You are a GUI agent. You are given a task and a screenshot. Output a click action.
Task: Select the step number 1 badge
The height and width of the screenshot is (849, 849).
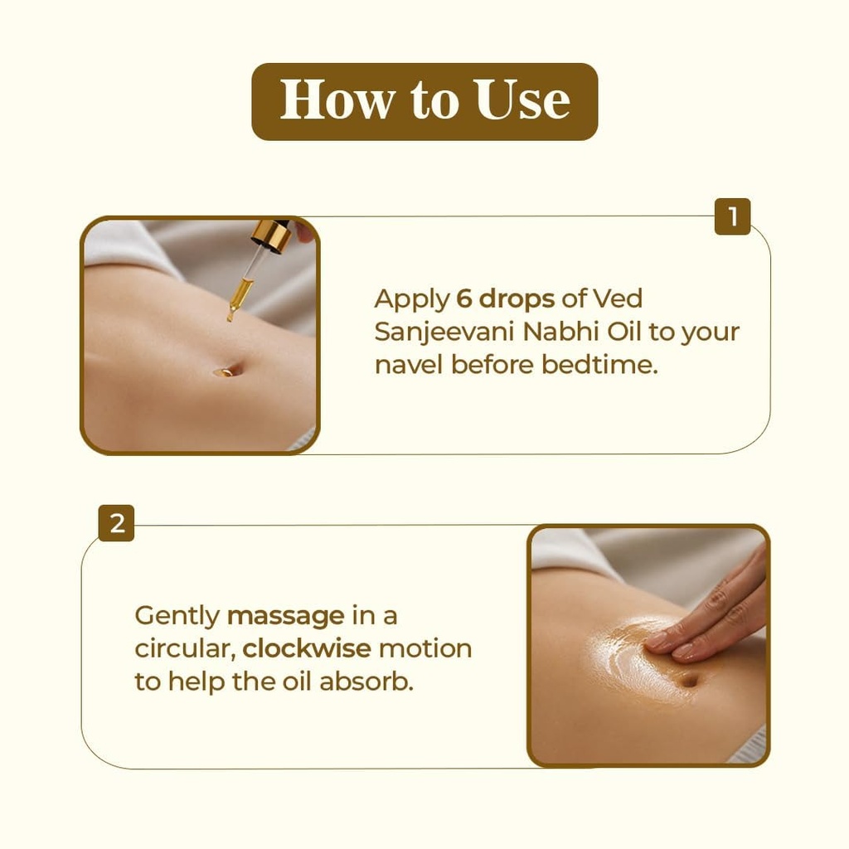pos(733,216)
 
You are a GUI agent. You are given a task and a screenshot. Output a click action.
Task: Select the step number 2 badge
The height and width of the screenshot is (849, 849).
pos(116,523)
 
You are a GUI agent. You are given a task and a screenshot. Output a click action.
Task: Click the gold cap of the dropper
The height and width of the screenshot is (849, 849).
pos(272,235)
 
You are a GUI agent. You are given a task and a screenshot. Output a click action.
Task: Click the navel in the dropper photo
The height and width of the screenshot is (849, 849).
pos(225,372)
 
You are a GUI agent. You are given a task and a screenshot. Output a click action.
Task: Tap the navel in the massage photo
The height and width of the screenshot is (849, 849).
pos(688,681)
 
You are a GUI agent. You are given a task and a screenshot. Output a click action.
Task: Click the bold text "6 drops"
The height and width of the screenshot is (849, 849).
pos(505,298)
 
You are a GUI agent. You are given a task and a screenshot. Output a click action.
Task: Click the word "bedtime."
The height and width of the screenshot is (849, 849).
pos(599,365)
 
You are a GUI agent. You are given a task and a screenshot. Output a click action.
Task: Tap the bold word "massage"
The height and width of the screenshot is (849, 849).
pos(286,616)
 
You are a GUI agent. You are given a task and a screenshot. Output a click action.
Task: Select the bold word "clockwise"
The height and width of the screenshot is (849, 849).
pos(307,648)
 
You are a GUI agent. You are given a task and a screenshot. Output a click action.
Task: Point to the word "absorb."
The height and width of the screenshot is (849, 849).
pos(366,682)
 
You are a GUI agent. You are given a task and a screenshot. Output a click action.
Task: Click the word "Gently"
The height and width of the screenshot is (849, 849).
pos(177,616)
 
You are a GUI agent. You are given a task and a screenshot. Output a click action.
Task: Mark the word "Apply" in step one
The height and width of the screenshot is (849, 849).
pos(411,298)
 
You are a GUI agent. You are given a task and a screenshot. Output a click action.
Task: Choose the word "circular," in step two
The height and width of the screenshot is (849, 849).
pos(185,648)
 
